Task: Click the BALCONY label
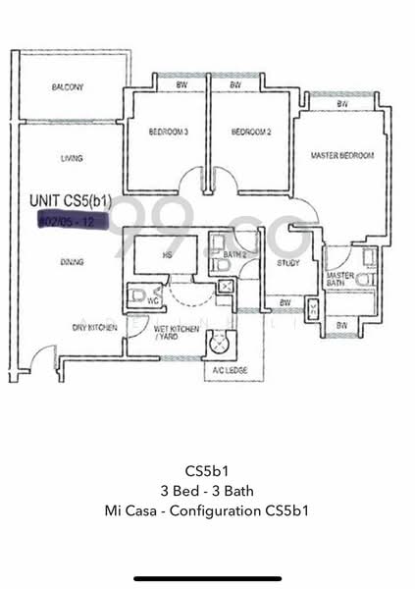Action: [68, 87]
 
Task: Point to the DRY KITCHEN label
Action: [95, 327]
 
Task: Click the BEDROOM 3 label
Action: [168, 131]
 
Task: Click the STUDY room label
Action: [287, 263]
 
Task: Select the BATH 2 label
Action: [233, 254]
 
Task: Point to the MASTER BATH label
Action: [339, 281]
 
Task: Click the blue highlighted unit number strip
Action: [66, 222]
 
